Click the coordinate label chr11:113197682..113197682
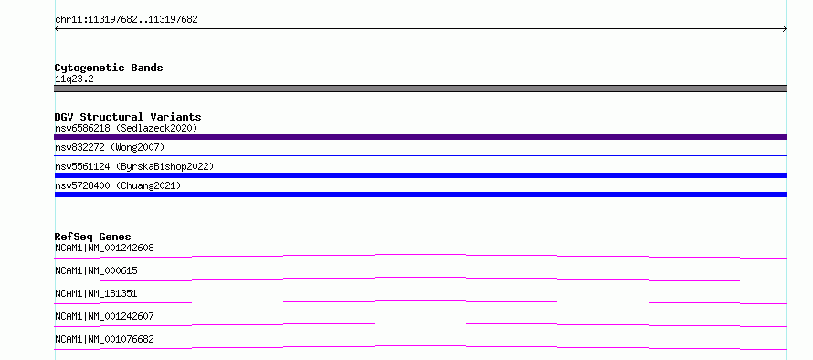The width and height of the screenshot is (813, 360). click(126, 20)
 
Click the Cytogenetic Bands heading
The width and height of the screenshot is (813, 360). click(109, 68)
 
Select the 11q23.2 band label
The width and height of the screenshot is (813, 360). click(74, 79)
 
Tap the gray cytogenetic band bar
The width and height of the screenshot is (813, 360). click(420, 89)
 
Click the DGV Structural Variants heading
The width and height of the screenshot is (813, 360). click(128, 117)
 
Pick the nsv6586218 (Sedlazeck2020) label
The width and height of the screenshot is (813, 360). click(126, 128)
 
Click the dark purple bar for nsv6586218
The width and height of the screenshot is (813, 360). click(420, 137)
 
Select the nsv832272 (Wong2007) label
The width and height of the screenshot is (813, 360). click(110, 148)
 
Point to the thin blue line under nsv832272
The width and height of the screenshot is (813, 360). click(420, 155)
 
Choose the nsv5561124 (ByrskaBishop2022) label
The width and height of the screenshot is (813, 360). click(134, 167)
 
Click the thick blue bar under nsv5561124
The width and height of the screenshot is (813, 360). click(420, 175)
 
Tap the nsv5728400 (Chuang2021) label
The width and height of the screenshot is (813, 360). click(118, 185)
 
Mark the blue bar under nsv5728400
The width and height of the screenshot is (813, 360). click(420, 195)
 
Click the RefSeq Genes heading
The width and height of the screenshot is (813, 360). click(93, 237)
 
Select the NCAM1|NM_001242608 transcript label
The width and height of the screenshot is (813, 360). click(104, 248)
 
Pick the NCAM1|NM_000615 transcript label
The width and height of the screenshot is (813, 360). click(96, 270)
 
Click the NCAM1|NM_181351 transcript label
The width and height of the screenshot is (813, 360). click(96, 293)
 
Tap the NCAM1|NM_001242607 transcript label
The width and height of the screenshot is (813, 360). click(104, 316)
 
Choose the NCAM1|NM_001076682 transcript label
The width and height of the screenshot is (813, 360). click(104, 339)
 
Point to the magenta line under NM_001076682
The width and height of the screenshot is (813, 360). click(420, 346)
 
